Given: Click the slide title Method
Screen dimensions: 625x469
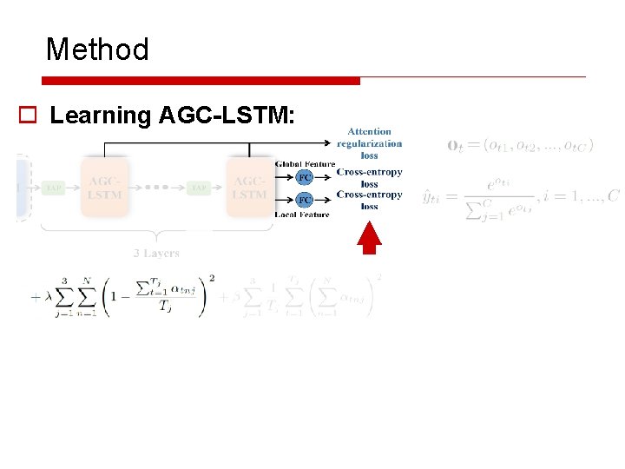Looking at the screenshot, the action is [x=97, y=50].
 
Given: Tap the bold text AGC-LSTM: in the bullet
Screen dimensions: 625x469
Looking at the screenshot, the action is [x=227, y=116].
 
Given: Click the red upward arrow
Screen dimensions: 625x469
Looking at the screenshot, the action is [x=370, y=237].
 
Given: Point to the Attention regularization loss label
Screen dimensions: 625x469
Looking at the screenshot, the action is [x=369, y=143].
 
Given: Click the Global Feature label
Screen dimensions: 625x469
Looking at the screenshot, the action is [x=305, y=164].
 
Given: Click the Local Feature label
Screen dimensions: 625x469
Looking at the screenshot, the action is [x=302, y=215].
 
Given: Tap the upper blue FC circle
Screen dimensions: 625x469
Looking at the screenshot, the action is [x=305, y=177].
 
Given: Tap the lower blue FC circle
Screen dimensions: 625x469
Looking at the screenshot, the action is [x=305, y=200].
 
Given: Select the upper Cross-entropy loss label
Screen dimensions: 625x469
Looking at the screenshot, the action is [x=369, y=178].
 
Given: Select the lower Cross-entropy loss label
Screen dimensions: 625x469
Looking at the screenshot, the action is [x=369, y=201].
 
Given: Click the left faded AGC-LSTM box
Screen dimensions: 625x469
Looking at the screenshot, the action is [x=104, y=188].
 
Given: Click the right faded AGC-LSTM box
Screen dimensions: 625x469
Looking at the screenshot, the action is [x=250, y=188].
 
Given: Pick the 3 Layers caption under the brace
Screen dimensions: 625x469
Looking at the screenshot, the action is [x=156, y=254].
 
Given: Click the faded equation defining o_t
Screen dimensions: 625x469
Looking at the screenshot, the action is [x=521, y=145].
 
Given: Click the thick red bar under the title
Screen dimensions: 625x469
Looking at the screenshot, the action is [x=201, y=81].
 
